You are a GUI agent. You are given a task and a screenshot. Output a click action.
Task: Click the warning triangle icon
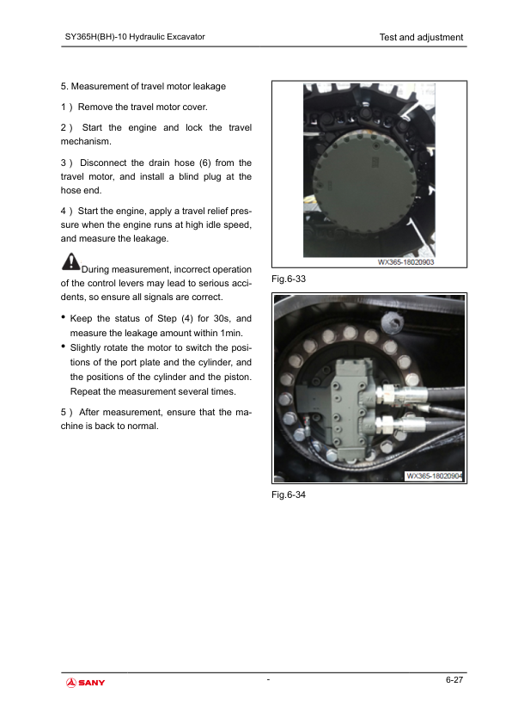(x=70, y=261)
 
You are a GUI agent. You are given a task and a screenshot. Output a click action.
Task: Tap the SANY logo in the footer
(x=86, y=683)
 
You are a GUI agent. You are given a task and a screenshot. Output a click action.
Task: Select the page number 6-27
(x=454, y=679)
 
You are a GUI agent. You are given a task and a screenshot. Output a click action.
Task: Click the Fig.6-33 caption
(x=289, y=279)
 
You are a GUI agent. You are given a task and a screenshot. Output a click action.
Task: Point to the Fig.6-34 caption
(x=289, y=495)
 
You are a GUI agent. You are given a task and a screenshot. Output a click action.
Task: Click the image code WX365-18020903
(x=406, y=262)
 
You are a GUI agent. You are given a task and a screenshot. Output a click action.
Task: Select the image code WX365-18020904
(x=434, y=476)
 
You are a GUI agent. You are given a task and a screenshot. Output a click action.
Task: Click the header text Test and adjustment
(x=421, y=37)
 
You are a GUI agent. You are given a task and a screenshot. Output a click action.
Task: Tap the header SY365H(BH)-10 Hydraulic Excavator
(x=135, y=37)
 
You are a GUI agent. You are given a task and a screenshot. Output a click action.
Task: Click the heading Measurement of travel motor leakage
(x=148, y=86)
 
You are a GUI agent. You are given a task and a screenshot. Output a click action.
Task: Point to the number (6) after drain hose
(x=204, y=163)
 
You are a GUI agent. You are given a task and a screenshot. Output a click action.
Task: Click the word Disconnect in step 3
(x=103, y=163)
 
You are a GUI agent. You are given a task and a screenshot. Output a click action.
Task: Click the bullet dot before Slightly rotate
(x=64, y=346)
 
